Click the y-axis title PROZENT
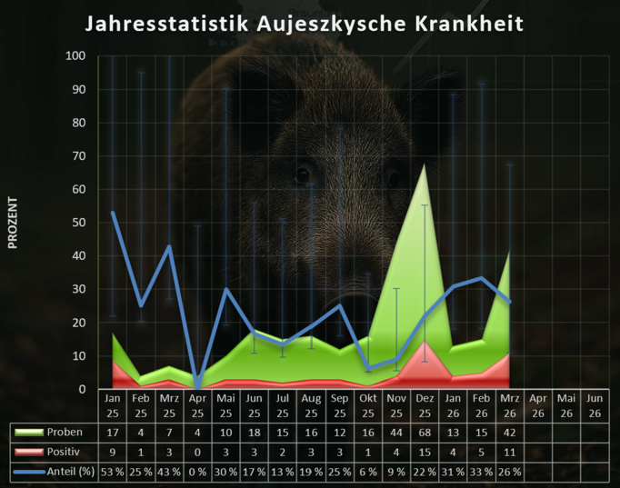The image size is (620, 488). point(13,223)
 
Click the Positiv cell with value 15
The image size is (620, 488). point(424,452)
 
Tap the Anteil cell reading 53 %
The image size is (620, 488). point(113,471)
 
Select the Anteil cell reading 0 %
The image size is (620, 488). point(197,471)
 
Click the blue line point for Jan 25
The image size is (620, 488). point(113,213)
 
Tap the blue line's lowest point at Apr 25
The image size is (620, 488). point(197,388)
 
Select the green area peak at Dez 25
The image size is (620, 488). point(424,164)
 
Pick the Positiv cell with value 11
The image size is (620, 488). point(509,452)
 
